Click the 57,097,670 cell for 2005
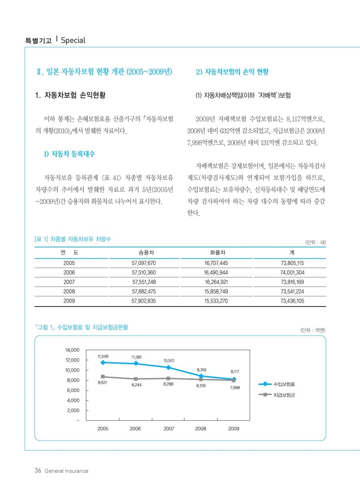(x=144, y=263)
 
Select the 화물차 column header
(x=216, y=253)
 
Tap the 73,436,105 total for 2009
(x=292, y=301)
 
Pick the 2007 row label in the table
(x=69, y=282)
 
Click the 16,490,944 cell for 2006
(x=216, y=273)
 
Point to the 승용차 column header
(x=144, y=253)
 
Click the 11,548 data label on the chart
(x=103, y=356)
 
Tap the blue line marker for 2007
(x=169, y=367)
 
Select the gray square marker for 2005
(x=103, y=376)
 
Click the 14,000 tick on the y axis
(x=72, y=350)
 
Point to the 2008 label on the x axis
(x=200, y=428)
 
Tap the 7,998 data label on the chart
(x=235, y=388)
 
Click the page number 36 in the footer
(x=38, y=471)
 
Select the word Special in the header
(x=73, y=40)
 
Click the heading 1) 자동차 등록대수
(x=69, y=154)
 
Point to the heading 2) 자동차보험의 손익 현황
(x=232, y=72)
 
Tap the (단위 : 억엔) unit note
(x=313, y=330)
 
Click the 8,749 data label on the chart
(x=202, y=370)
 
